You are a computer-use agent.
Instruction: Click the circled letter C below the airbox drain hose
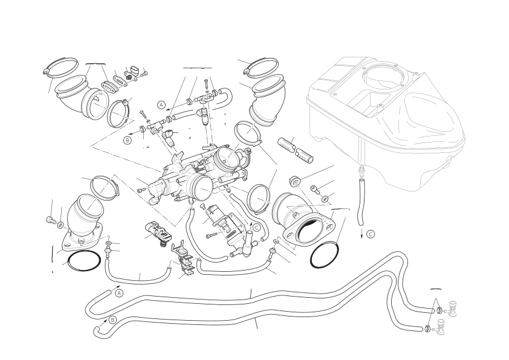371,234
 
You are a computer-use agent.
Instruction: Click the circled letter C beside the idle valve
256,228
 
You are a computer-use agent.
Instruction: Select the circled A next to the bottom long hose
119,293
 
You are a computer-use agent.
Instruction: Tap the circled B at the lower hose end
112,320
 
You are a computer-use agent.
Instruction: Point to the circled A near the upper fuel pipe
161,104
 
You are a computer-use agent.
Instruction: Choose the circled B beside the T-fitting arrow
127,140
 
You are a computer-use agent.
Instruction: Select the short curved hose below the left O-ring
135,277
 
